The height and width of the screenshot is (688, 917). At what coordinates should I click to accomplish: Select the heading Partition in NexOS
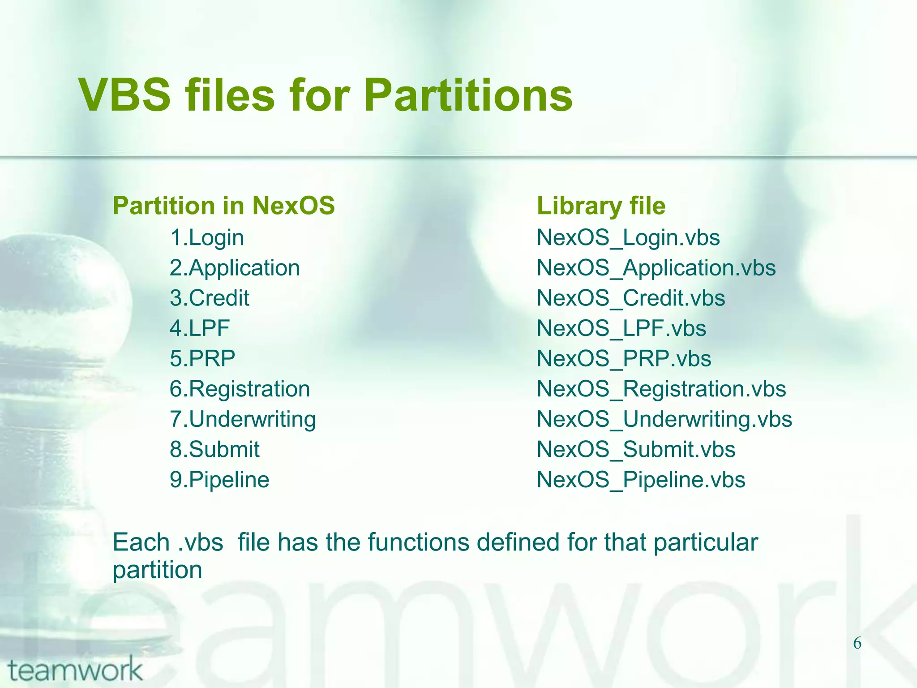click(x=223, y=206)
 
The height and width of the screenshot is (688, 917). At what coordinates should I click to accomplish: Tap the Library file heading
click(x=601, y=206)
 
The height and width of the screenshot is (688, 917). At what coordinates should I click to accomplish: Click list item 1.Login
click(x=207, y=237)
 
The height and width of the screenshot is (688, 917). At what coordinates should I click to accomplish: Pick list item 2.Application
click(x=235, y=268)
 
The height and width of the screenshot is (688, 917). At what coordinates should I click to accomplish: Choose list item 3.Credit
click(x=210, y=298)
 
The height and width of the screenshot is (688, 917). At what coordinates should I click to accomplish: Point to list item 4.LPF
click(x=200, y=328)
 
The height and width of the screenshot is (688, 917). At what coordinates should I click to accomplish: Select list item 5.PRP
click(x=202, y=358)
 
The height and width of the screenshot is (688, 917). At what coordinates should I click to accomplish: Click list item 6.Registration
click(x=240, y=389)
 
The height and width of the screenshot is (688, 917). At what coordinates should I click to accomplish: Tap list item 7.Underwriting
click(x=243, y=419)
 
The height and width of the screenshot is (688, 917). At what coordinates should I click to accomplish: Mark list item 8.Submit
click(x=214, y=449)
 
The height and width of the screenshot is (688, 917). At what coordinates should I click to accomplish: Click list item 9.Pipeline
click(x=219, y=480)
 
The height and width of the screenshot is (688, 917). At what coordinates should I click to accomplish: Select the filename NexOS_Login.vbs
click(x=628, y=237)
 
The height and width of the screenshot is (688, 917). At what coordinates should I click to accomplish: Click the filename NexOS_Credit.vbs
click(x=631, y=298)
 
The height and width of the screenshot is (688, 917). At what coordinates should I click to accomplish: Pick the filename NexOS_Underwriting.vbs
click(x=664, y=419)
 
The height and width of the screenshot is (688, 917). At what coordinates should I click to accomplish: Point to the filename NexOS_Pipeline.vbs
click(x=641, y=480)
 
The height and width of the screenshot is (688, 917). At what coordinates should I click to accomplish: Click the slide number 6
click(x=857, y=643)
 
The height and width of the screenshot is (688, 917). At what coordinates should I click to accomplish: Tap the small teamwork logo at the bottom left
click(x=75, y=670)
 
